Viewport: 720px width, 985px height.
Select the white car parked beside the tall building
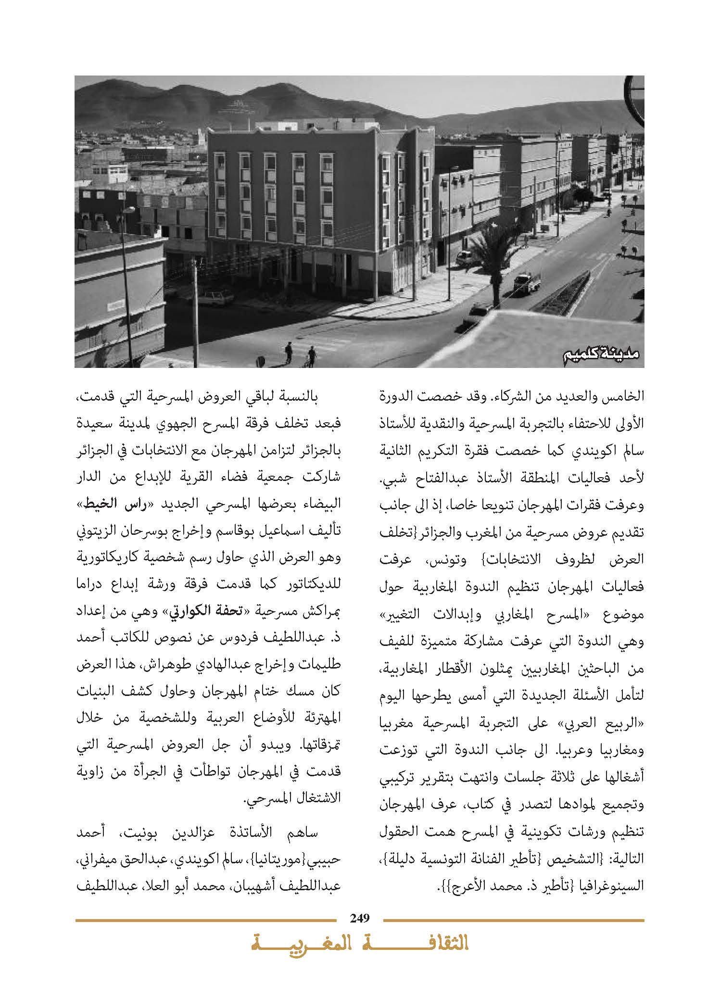[464, 257]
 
